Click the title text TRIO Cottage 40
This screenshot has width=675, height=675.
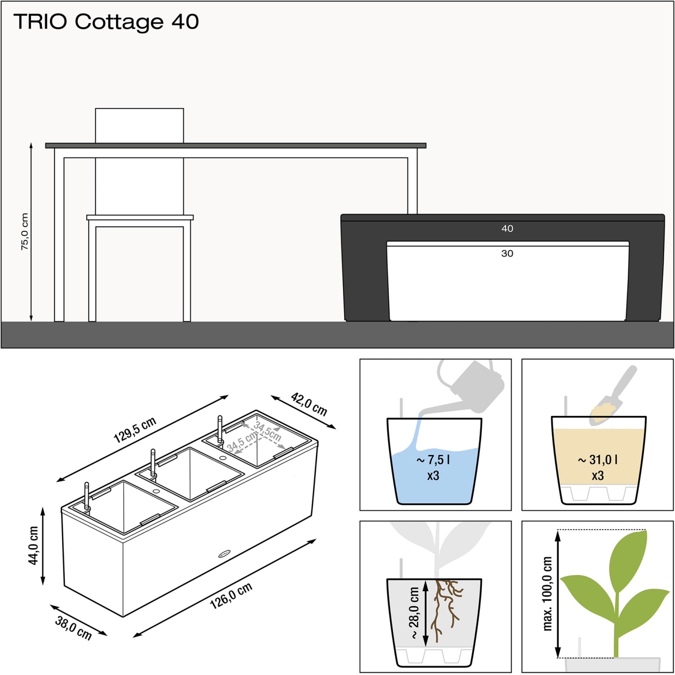point(106,22)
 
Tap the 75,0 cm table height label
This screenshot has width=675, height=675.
point(25,231)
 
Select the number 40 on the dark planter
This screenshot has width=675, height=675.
point(507,229)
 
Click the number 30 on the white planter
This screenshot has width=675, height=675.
point(507,253)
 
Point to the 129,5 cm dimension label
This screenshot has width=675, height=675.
point(135,430)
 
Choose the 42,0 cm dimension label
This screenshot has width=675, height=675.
point(309,404)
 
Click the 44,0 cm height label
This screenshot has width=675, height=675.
point(34,545)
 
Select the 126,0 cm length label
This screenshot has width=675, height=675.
point(231,596)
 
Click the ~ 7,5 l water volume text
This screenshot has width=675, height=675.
point(433,460)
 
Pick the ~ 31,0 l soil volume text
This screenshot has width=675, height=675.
point(598,460)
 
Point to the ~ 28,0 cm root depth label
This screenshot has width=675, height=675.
point(414,612)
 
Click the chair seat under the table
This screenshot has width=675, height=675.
point(140,217)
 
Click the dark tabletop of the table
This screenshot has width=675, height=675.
point(236,145)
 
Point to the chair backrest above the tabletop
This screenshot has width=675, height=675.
point(139,126)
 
